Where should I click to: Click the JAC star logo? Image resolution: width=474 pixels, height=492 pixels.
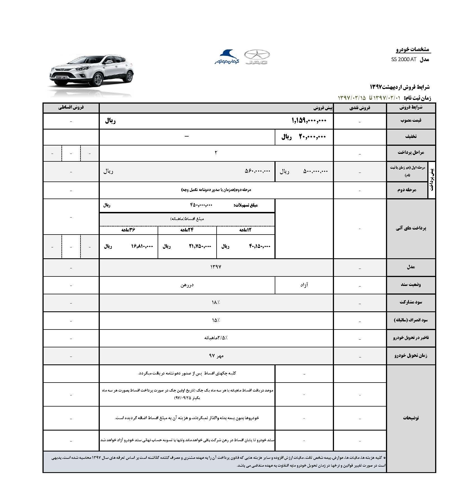pos(257,57)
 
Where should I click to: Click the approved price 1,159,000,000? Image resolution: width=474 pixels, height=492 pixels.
pos(309,121)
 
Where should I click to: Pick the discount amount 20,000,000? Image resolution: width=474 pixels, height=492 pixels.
pos(312,137)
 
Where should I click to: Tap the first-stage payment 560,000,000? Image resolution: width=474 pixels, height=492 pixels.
pos(257,171)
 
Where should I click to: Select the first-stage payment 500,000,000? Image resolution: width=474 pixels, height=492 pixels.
pos(315,171)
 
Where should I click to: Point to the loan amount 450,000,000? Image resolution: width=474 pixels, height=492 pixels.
pos(201,205)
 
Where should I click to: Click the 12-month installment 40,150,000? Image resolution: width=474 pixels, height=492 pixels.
pos(260,246)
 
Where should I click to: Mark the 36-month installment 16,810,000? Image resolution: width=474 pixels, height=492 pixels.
pos(142,246)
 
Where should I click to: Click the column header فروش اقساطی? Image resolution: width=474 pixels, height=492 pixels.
pos(71,108)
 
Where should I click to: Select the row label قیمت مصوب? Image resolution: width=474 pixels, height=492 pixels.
pos(411,121)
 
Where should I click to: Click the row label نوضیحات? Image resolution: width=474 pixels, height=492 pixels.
pos(411,418)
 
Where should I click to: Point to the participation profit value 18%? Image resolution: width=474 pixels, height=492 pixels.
pos(215,303)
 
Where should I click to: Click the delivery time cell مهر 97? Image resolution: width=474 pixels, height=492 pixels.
pos(216,356)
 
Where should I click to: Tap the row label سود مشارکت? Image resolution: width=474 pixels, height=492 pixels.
pos(411,303)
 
